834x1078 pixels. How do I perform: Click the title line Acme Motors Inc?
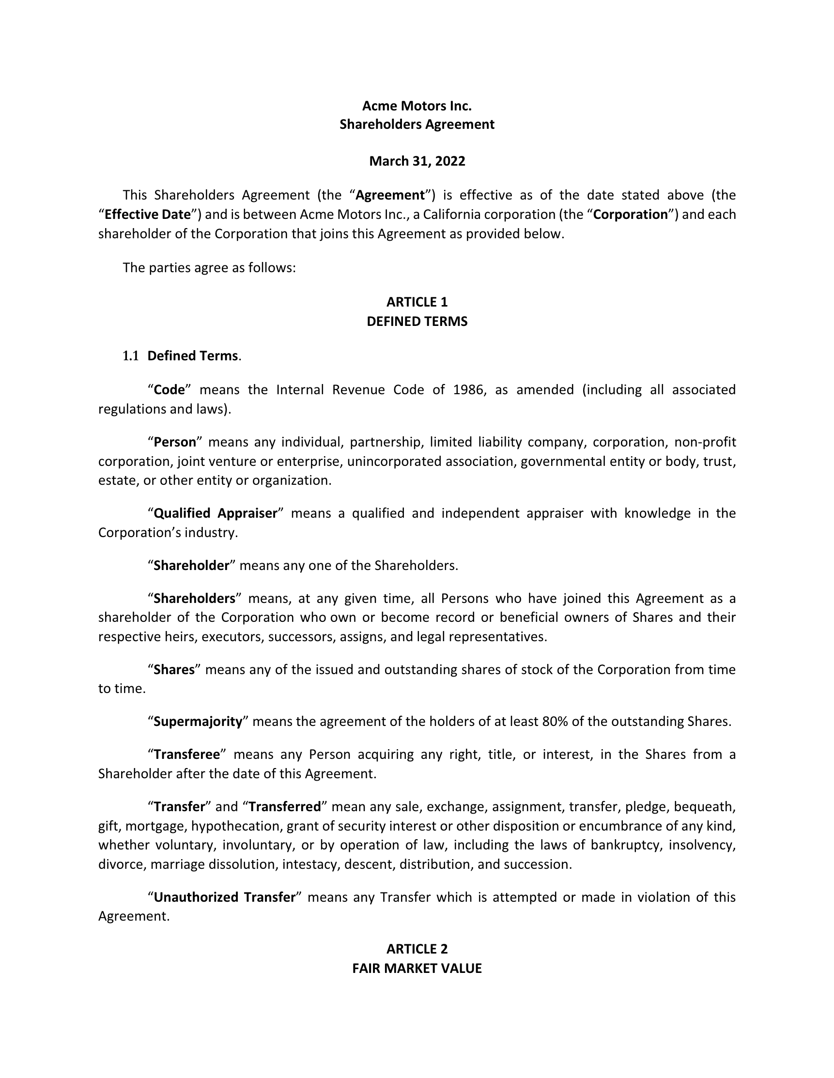click(x=417, y=106)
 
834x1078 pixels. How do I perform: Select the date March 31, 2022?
click(x=417, y=161)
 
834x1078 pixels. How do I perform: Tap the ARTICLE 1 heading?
click(x=417, y=302)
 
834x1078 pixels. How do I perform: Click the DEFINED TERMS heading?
click(x=417, y=322)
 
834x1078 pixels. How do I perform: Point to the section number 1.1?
click(x=130, y=356)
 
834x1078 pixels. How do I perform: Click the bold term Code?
click(x=169, y=390)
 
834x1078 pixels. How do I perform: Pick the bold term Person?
click(x=175, y=442)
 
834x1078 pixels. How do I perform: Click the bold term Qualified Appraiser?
click(x=216, y=513)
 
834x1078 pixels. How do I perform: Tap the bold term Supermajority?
click(x=198, y=722)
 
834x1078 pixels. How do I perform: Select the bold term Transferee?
click(x=186, y=755)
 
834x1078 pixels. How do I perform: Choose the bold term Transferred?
click(x=285, y=807)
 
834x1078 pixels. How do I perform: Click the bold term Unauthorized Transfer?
click(x=224, y=897)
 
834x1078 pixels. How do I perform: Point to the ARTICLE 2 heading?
click(x=417, y=949)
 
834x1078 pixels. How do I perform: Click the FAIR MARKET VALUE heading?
click(x=417, y=969)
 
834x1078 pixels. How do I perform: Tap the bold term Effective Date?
click(x=148, y=215)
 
